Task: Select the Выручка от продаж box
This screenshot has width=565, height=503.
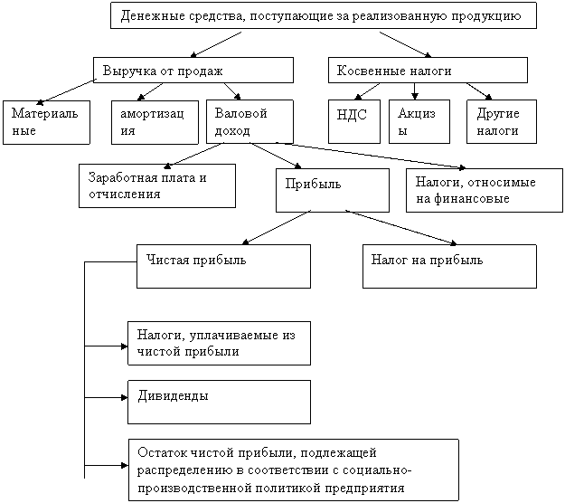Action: click(x=193, y=71)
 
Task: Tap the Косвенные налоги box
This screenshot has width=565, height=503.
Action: click(x=427, y=71)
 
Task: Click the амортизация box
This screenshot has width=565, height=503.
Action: click(x=154, y=121)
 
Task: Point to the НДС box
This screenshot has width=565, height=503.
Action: click(x=353, y=121)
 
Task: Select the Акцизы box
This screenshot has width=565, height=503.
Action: click(x=419, y=121)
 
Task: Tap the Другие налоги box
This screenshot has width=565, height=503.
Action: click(x=500, y=121)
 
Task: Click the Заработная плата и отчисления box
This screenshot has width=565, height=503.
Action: click(x=156, y=185)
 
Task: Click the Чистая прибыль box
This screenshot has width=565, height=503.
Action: click(x=223, y=266)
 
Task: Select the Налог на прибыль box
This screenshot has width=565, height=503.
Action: click(x=449, y=266)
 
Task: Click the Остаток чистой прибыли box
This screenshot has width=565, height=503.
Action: click(x=293, y=468)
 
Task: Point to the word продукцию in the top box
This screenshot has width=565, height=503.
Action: click(x=487, y=16)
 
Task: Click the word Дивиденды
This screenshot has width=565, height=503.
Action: click(x=173, y=396)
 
